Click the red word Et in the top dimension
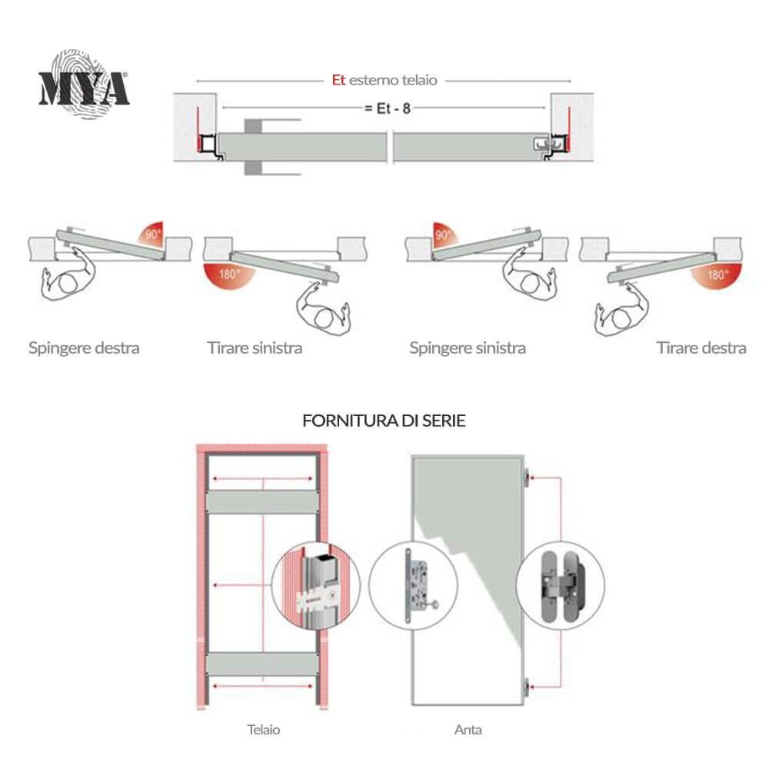coord(338,80)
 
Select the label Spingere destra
coord(84,348)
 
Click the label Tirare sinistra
coord(255,348)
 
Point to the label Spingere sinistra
coord(468,348)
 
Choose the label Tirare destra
coord(701,348)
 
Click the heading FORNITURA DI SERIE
coord(384,421)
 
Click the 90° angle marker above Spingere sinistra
coord(443,235)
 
